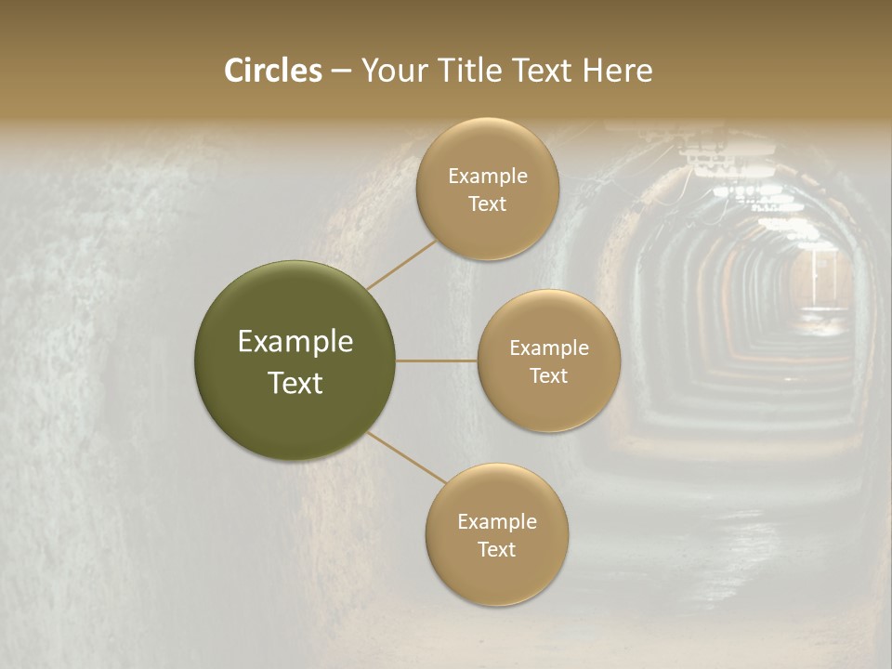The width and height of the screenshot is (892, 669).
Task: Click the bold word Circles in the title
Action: tap(272, 71)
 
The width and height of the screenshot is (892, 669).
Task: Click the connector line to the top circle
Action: tap(401, 265)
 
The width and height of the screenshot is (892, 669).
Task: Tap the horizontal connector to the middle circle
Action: tap(437, 361)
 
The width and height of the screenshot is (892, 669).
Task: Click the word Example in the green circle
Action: tap(295, 342)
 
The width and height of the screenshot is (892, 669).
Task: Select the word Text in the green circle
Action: tap(295, 383)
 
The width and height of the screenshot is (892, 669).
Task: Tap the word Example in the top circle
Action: tap(488, 177)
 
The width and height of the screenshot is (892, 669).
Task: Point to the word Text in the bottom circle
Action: tap(496, 549)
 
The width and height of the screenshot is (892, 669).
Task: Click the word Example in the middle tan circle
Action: tap(549, 348)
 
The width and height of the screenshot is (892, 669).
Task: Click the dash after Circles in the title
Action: tap(340, 71)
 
